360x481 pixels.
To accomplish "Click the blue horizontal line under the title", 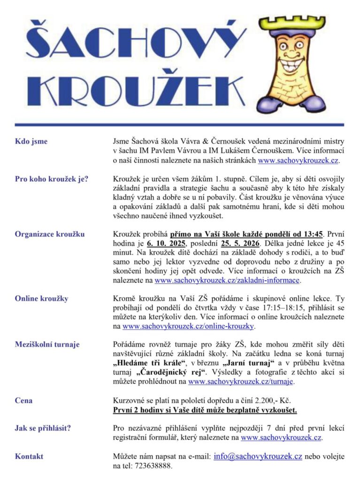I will point(180,124).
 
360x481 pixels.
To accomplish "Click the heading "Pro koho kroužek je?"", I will point(52,178).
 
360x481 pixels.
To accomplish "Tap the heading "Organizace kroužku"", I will point(50,234).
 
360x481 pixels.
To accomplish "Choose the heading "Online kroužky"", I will point(41,298).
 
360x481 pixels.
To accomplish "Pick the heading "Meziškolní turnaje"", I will point(47,344).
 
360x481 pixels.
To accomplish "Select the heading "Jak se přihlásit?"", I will point(46,428).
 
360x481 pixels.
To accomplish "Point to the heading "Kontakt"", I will point(29,456).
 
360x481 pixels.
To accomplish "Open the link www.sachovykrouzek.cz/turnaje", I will point(241,382).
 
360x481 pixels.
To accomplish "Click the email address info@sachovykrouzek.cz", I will point(258,456).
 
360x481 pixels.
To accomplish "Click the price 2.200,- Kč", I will point(276,401).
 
